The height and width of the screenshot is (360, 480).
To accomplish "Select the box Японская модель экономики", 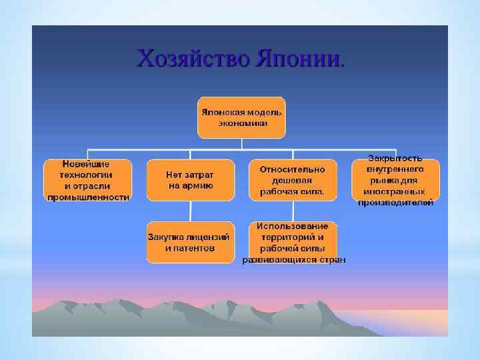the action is coord(241,117).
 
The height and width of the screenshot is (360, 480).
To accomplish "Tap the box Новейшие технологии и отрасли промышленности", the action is coord(87,180).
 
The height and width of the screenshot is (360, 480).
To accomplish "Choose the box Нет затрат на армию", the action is coord(190,180).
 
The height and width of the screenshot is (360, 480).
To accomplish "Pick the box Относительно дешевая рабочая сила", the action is coord(292,180).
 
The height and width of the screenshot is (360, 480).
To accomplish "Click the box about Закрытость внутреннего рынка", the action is coord(395,180).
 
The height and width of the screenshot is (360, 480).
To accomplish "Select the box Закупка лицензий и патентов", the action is coord(190,241).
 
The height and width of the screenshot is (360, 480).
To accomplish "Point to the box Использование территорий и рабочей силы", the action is coord(293,241).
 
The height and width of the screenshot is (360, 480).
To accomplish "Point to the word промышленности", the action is coord(87,197).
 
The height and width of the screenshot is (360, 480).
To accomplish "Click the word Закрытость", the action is coord(395,158).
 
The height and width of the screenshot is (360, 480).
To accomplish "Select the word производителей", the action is coord(395,202).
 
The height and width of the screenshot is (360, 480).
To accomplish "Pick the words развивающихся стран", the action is coord(293,260).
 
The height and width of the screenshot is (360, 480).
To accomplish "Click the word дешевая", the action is coord(292,180).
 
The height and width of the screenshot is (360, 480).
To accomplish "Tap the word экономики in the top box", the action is coord(241,123).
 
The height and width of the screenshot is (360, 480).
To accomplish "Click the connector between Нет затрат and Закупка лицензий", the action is coord(190,211).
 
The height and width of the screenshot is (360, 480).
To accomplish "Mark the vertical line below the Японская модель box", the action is coord(241,143).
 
